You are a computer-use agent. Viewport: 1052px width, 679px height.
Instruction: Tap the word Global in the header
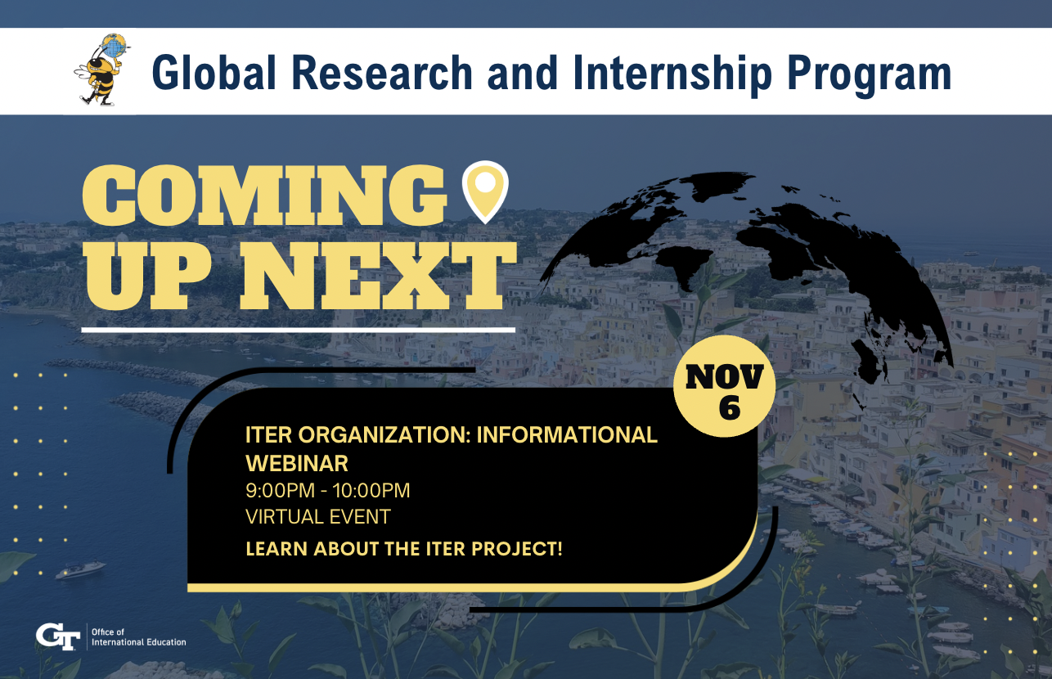[x=214, y=73]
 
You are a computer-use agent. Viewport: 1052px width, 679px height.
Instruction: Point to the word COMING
[x=264, y=196]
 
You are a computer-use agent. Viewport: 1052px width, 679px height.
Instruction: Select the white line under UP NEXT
[x=299, y=331]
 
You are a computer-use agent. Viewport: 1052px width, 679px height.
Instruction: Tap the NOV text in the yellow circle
[x=724, y=376]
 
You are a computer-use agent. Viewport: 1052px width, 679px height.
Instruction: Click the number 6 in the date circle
[x=730, y=407]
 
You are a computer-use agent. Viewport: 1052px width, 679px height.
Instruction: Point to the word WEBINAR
[x=297, y=464]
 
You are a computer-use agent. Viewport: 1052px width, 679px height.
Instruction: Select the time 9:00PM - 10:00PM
[x=328, y=491]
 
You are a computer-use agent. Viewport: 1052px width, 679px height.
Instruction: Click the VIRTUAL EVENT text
[x=318, y=517]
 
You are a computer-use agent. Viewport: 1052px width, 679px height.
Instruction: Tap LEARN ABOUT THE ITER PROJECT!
[x=404, y=548]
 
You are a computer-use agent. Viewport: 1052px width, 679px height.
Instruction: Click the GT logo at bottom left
[x=58, y=636]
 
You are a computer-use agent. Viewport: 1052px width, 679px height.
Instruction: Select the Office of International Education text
[x=138, y=637]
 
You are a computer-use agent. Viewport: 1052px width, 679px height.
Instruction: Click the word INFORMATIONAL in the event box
[x=567, y=435]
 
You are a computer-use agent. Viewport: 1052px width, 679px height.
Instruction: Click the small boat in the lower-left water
[x=81, y=569]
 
